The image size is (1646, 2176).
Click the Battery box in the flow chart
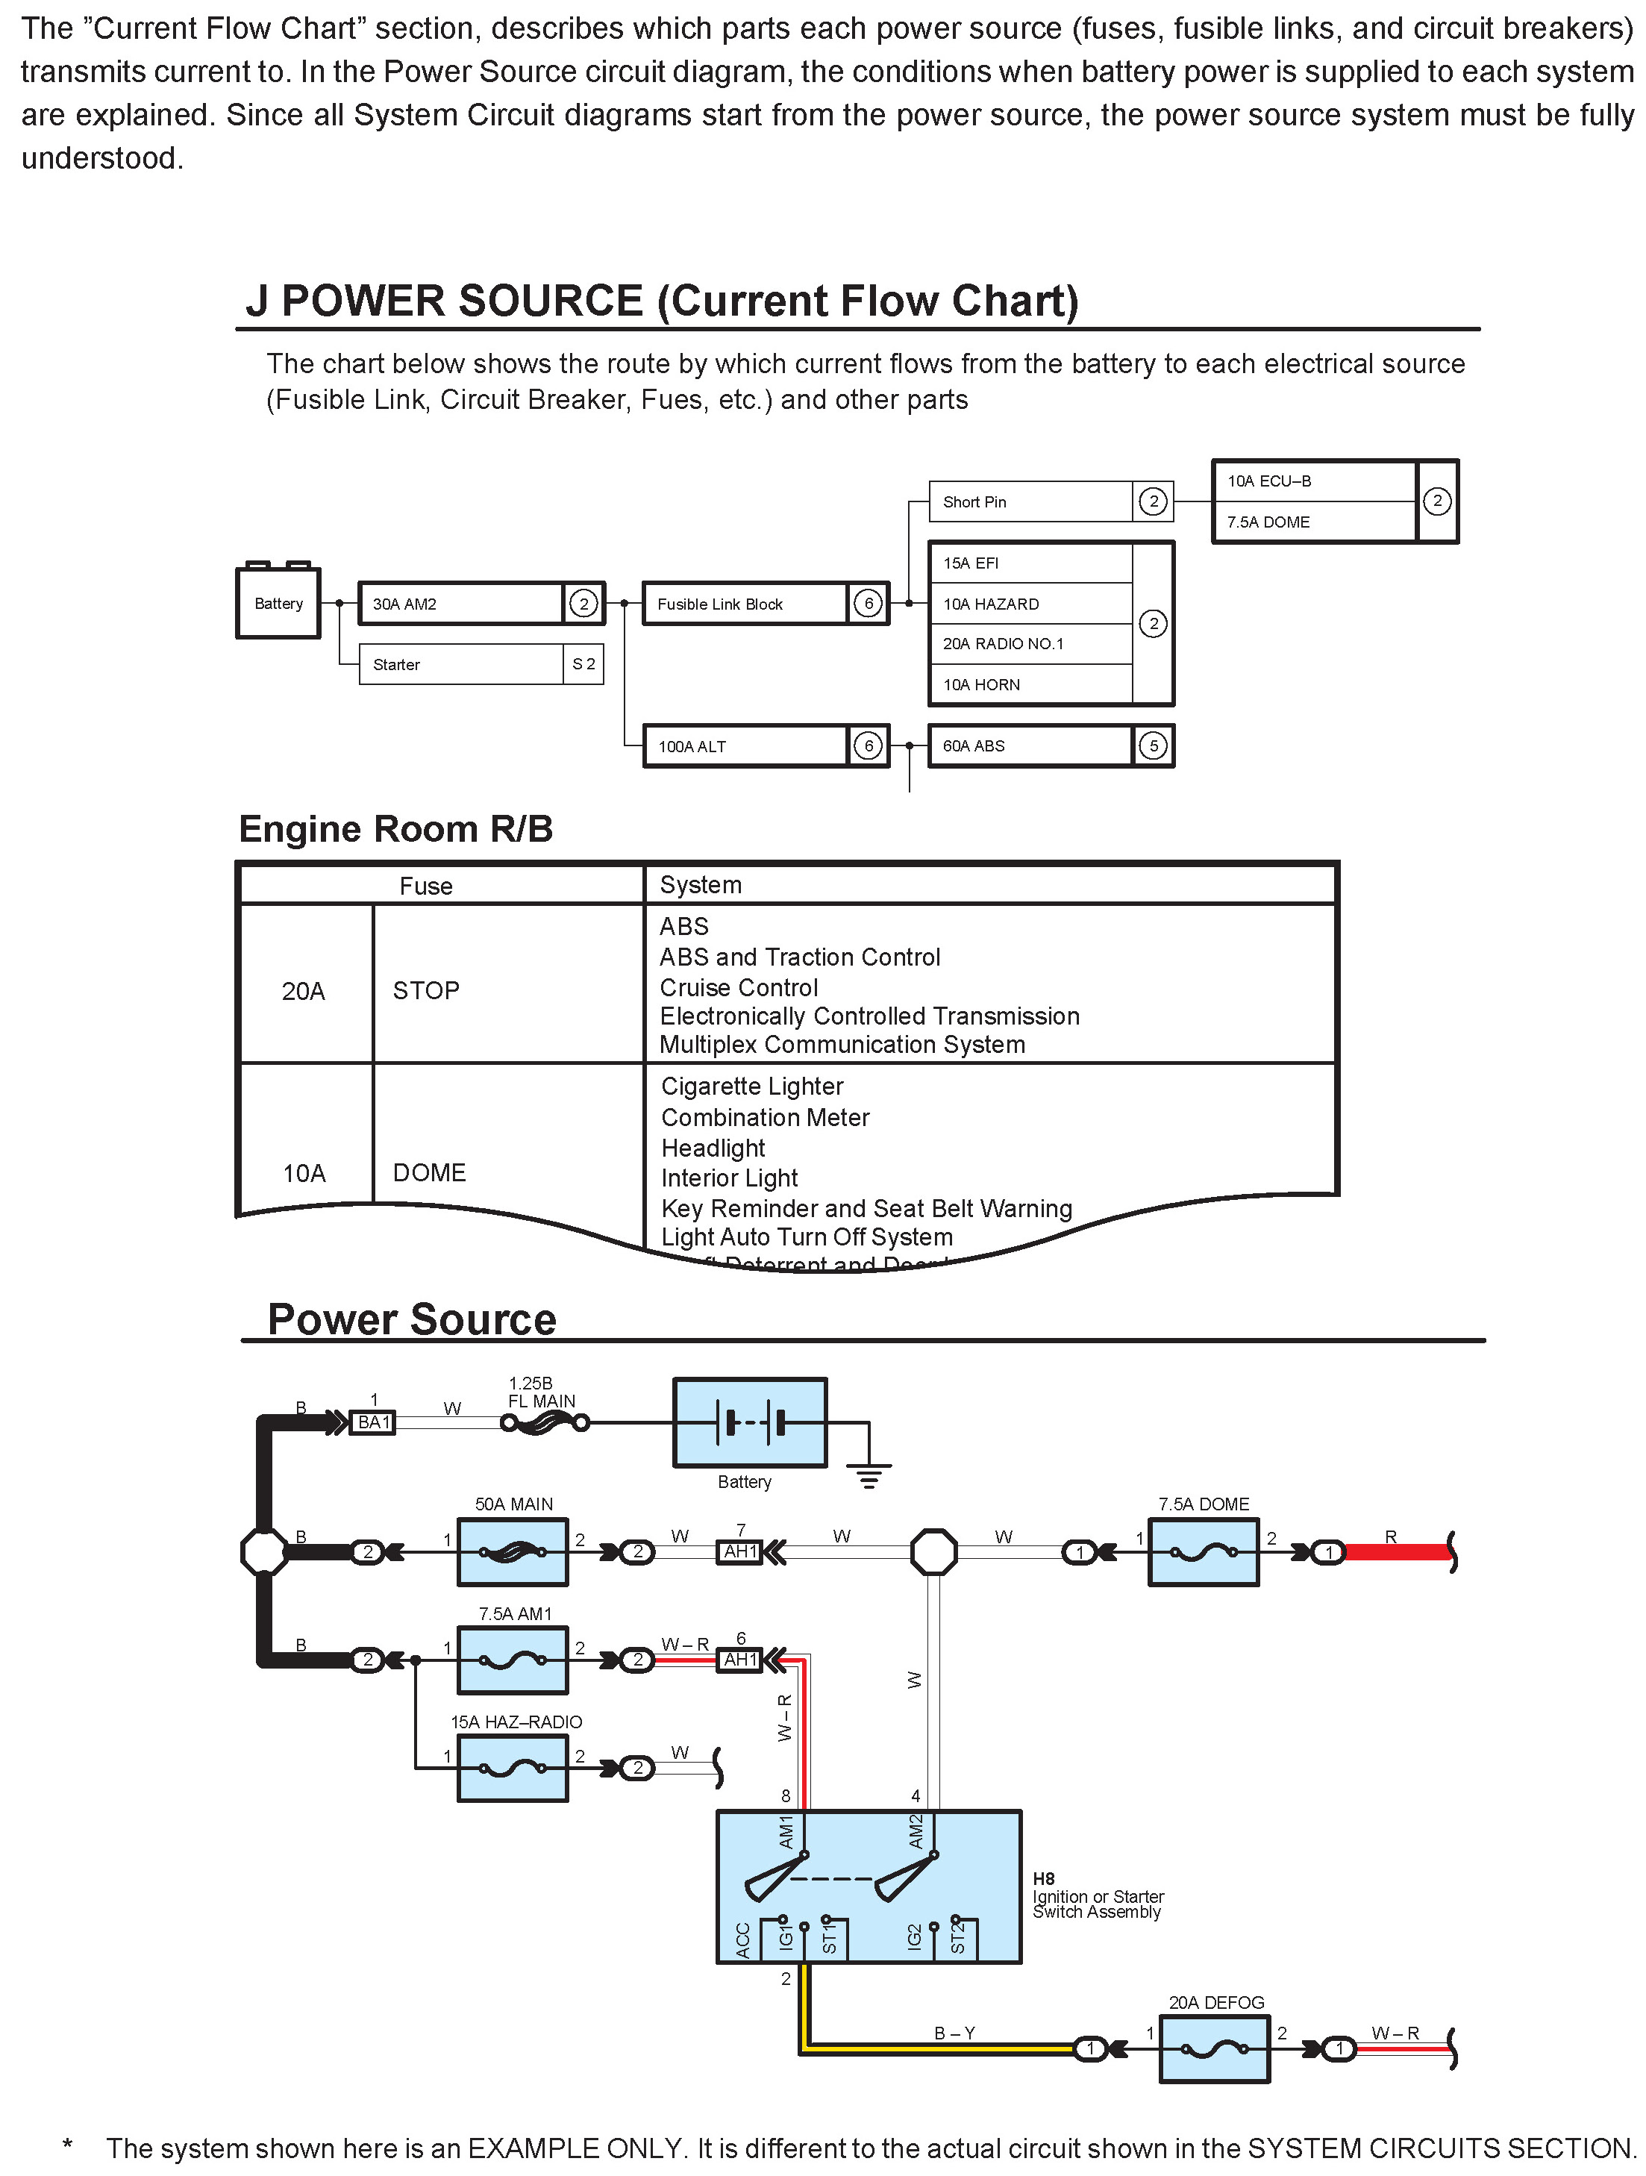[x=278, y=603]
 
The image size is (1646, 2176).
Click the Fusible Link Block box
[x=745, y=604]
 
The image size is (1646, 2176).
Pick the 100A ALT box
[x=745, y=745]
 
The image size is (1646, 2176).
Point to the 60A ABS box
[x=1030, y=745]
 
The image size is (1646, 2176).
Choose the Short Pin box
[x=1030, y=501]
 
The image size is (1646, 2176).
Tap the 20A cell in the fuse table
[x=303, y=990]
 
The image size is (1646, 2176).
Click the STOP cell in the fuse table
[x=426, y=989]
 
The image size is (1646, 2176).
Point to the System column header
[x=701, y=884]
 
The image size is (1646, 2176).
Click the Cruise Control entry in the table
[x=739, y=987]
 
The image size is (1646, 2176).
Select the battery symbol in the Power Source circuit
[x=750, y=1422]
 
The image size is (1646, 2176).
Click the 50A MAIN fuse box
[x=513, y=1552]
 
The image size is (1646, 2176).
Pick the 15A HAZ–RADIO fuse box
[x=513, y=1768]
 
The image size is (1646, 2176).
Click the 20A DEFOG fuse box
[x=1214, y=2049]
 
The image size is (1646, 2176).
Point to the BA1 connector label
[x=374, y=1422]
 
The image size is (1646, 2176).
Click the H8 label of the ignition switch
[x=1044, y=1879]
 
